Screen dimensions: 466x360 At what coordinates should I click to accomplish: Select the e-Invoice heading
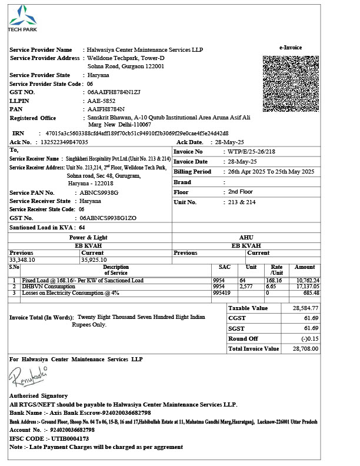291,47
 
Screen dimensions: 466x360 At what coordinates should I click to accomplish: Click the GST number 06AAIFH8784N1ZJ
114,92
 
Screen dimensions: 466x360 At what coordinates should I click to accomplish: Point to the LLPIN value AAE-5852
102,101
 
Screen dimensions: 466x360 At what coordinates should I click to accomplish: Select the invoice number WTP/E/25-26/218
252,151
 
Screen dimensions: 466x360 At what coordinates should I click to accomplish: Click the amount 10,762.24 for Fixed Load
307,281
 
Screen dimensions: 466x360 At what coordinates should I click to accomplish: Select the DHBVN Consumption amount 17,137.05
307,287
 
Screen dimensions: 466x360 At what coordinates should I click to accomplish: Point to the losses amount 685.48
311,292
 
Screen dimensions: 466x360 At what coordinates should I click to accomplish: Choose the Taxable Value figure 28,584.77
305,308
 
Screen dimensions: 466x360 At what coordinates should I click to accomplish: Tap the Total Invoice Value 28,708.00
305,348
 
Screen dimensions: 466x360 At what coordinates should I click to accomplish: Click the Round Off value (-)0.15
309,338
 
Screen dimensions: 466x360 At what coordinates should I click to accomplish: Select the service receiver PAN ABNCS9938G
99,192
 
